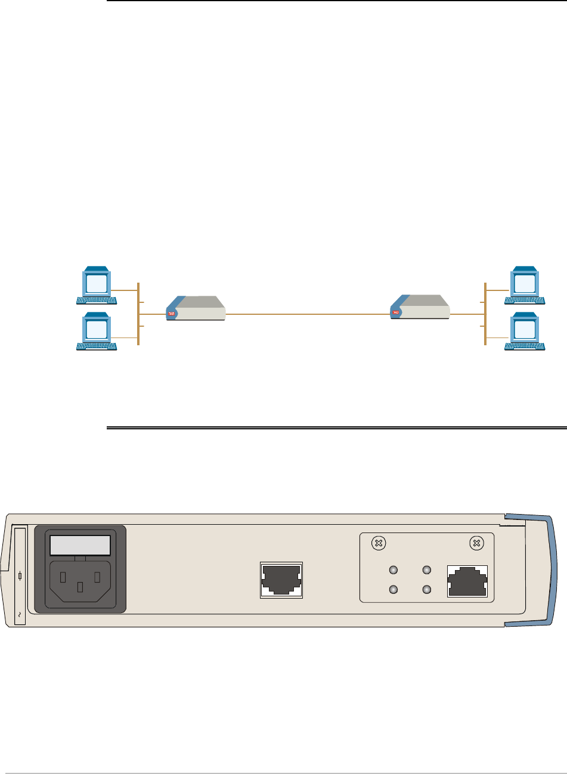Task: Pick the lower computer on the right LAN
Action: [524, 330]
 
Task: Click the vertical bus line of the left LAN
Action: [138, 313]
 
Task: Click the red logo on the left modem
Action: [170, 312]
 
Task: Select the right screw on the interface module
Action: [476, 543]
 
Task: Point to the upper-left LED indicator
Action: [393, 570]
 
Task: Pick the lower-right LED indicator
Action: [427, 589]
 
